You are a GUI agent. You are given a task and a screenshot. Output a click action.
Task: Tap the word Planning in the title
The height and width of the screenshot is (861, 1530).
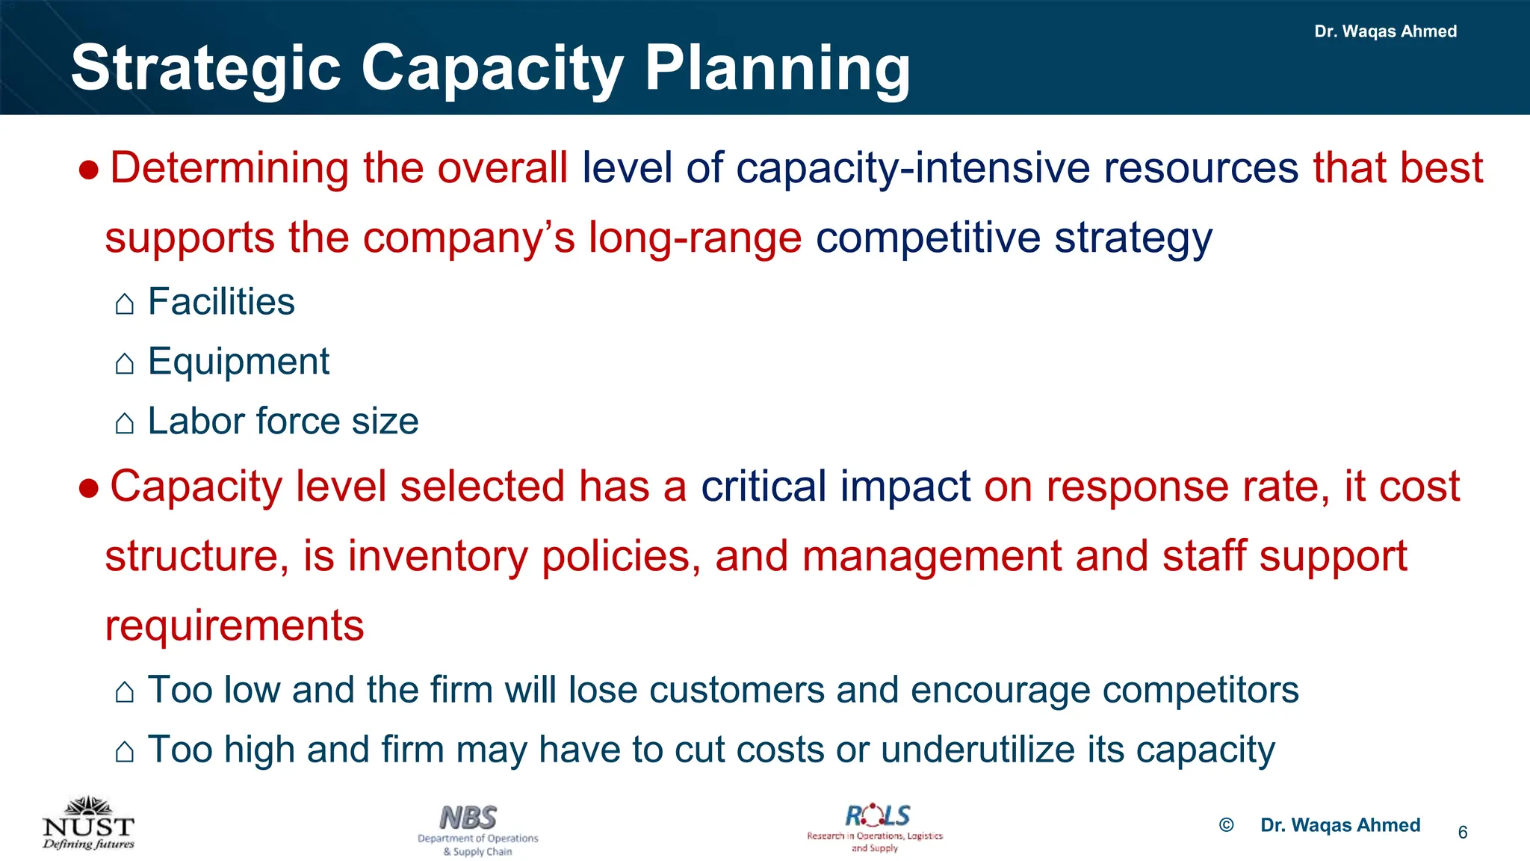point(777,69)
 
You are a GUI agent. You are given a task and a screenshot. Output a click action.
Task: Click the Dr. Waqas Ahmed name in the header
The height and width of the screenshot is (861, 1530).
point(1385,31)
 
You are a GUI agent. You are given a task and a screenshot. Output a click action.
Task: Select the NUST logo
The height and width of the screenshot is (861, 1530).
point(88,824)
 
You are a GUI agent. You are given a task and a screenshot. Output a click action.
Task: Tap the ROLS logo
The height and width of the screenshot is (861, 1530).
point(876,827)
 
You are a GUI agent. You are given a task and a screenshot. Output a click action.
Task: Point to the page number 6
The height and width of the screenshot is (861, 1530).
point(1462,833)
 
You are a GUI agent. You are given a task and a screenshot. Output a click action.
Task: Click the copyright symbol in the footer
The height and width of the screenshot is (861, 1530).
point(1226,825)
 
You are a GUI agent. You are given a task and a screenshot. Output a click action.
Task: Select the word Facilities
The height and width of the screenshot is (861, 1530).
point(221,302)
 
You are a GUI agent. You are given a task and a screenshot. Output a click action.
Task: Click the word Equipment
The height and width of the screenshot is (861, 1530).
point(238,362)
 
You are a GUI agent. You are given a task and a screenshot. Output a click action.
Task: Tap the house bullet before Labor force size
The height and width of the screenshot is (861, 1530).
point(125,423)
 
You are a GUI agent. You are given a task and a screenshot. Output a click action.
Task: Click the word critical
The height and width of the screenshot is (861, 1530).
point(763,486)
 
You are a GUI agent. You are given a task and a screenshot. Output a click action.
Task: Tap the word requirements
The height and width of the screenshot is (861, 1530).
point(234,626)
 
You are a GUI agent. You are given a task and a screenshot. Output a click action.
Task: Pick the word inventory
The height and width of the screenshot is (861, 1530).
point(437,556)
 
